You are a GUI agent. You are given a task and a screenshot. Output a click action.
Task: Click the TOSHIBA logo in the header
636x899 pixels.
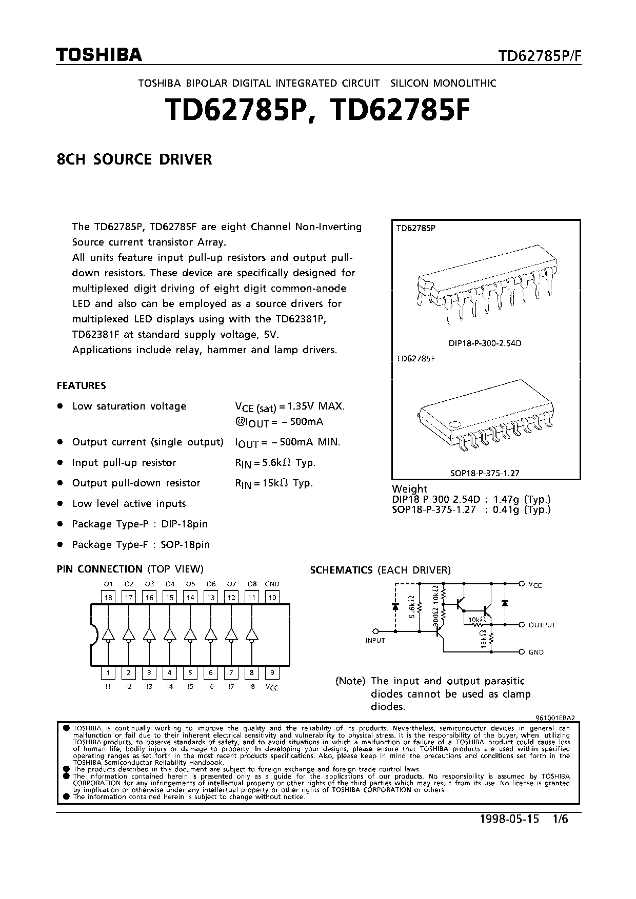(x=99, y=55)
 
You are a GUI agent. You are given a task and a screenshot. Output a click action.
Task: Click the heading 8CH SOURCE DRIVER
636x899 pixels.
(x=134, y=159)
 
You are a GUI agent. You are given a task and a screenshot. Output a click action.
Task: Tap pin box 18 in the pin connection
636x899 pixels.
(x=108, y=598)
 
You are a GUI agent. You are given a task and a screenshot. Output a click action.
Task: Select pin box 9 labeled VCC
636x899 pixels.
(x=272, y=673)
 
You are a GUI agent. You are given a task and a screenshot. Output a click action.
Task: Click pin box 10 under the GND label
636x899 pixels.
(x=272, y=598)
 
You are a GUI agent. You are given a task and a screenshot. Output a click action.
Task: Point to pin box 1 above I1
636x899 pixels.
(x=108, y=673)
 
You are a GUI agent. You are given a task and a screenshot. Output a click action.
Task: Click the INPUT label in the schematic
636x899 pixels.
(x=375, y=641)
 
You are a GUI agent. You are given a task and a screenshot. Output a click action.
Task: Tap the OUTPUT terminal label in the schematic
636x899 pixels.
(x=542, y=625)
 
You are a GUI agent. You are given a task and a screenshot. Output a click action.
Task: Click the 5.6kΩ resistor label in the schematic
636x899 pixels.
(x=412, y=606)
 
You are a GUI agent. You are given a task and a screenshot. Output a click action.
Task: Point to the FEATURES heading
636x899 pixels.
(x=81, y=385)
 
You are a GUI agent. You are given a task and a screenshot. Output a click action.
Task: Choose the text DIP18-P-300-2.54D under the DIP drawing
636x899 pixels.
(x=485, y=343)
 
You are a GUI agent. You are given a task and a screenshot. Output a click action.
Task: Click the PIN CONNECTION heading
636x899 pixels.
(x=100, y=569)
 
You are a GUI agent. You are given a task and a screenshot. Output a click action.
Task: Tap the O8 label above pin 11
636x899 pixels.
(x=252, y=584)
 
